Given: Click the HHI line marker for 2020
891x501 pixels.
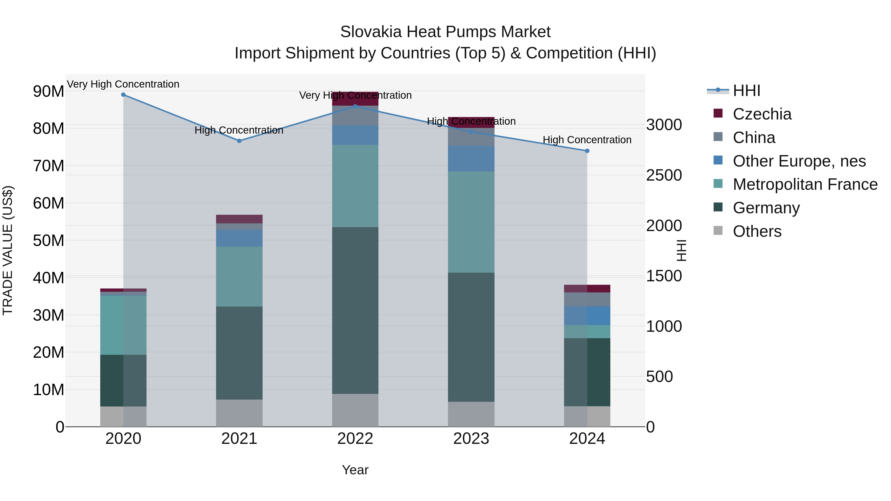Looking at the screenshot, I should pos(123,95).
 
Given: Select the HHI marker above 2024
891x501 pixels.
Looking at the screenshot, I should pos(587,151).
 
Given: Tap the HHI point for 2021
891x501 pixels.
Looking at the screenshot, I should pos(239,141).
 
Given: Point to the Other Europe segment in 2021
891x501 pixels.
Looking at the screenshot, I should pos(239,238).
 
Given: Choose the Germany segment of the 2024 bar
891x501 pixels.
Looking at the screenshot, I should pos(587,372).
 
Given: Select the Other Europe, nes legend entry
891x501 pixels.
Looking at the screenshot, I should pos(799,161).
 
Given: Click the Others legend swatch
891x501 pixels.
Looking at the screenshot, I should pos(718,231).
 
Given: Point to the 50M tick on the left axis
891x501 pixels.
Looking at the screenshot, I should pos(49,241).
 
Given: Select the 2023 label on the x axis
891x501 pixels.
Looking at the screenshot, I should pos(471,439).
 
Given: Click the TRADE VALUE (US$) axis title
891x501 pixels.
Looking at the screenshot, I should pos(8,250).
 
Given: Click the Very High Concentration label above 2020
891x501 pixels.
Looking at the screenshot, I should pos(123,84).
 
